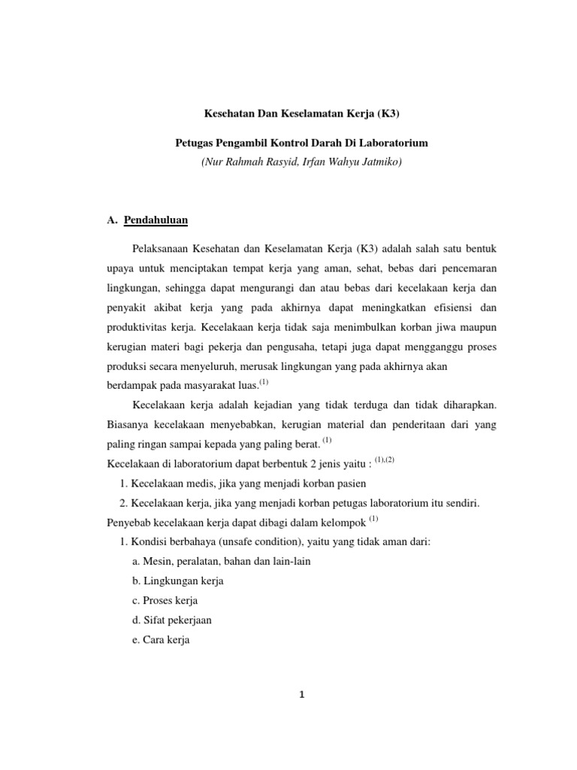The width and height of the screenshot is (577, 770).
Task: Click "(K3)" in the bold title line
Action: coord(385,115)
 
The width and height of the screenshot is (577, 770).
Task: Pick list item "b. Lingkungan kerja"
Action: coord(177,581)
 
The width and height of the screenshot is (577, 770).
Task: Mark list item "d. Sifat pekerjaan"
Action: coord(171,620)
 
